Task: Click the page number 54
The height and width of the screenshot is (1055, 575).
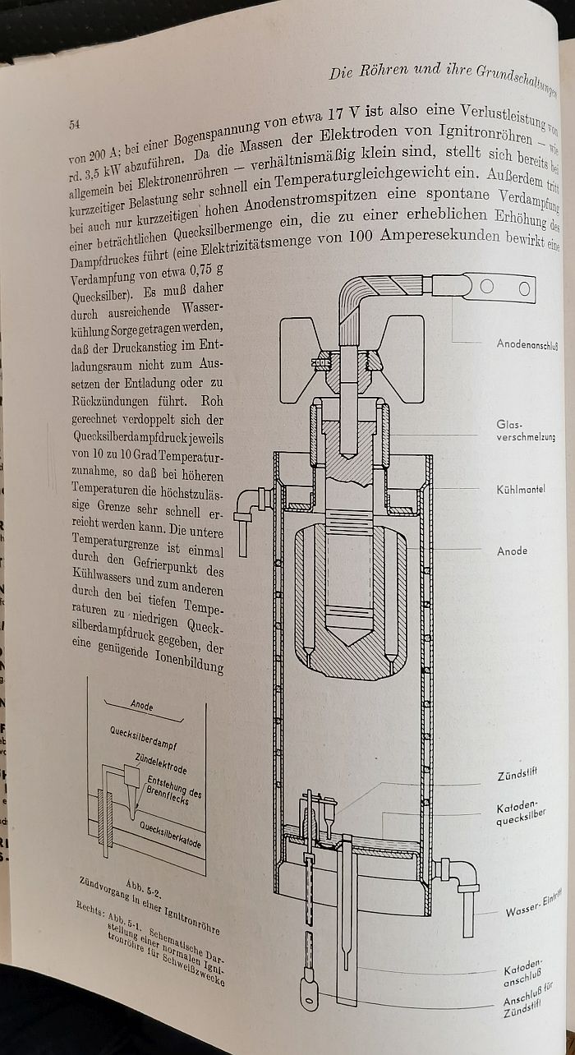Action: (73, 125)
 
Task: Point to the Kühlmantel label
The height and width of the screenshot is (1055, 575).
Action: (522, 489)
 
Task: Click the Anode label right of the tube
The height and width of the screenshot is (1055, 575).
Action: (512, 551)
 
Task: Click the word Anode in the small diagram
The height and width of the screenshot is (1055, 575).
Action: (142, 705)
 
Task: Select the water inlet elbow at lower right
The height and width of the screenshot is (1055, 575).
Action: (461, 879)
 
